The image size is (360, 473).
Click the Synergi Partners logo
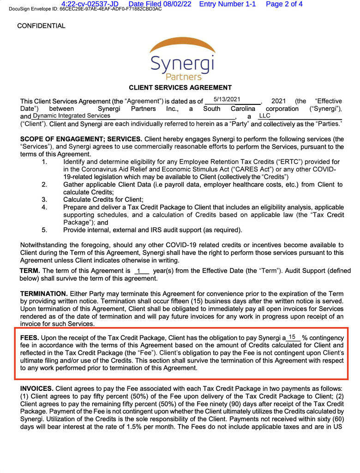(182, 60)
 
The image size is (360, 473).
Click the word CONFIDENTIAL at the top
(41, 26)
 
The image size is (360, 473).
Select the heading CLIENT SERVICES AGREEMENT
(180, 87)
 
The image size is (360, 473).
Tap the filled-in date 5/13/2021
(227, 99)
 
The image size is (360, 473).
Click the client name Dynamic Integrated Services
(72, 115)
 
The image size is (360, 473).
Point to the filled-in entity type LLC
(264, 115)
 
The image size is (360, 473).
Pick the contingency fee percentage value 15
(292, 337)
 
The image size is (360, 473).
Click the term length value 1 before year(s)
(138, 271)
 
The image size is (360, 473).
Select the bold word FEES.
(30, 338)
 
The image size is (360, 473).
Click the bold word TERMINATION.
(44, 294)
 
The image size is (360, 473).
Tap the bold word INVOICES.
(36, 389)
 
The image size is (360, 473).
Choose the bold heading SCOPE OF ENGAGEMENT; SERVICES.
(81, 139)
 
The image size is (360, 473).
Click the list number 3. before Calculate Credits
(44, 200)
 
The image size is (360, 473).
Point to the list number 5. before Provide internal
(44, 230)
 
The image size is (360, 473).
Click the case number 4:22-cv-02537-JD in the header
(90, 4)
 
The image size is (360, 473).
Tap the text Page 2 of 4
(284, 4)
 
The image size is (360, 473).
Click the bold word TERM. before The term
(30, 271)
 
